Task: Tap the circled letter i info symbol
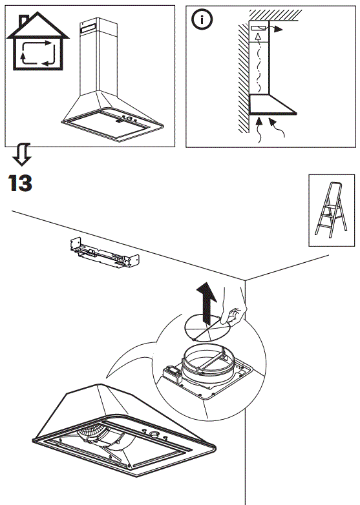[x=202, y=20]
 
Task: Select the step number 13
[x=21, y=183]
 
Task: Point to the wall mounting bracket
[x=104, y=253]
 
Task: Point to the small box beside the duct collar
[x=171, y=373]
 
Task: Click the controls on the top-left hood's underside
[x=125, y=119]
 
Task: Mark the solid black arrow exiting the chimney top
[x=277, y=29]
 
